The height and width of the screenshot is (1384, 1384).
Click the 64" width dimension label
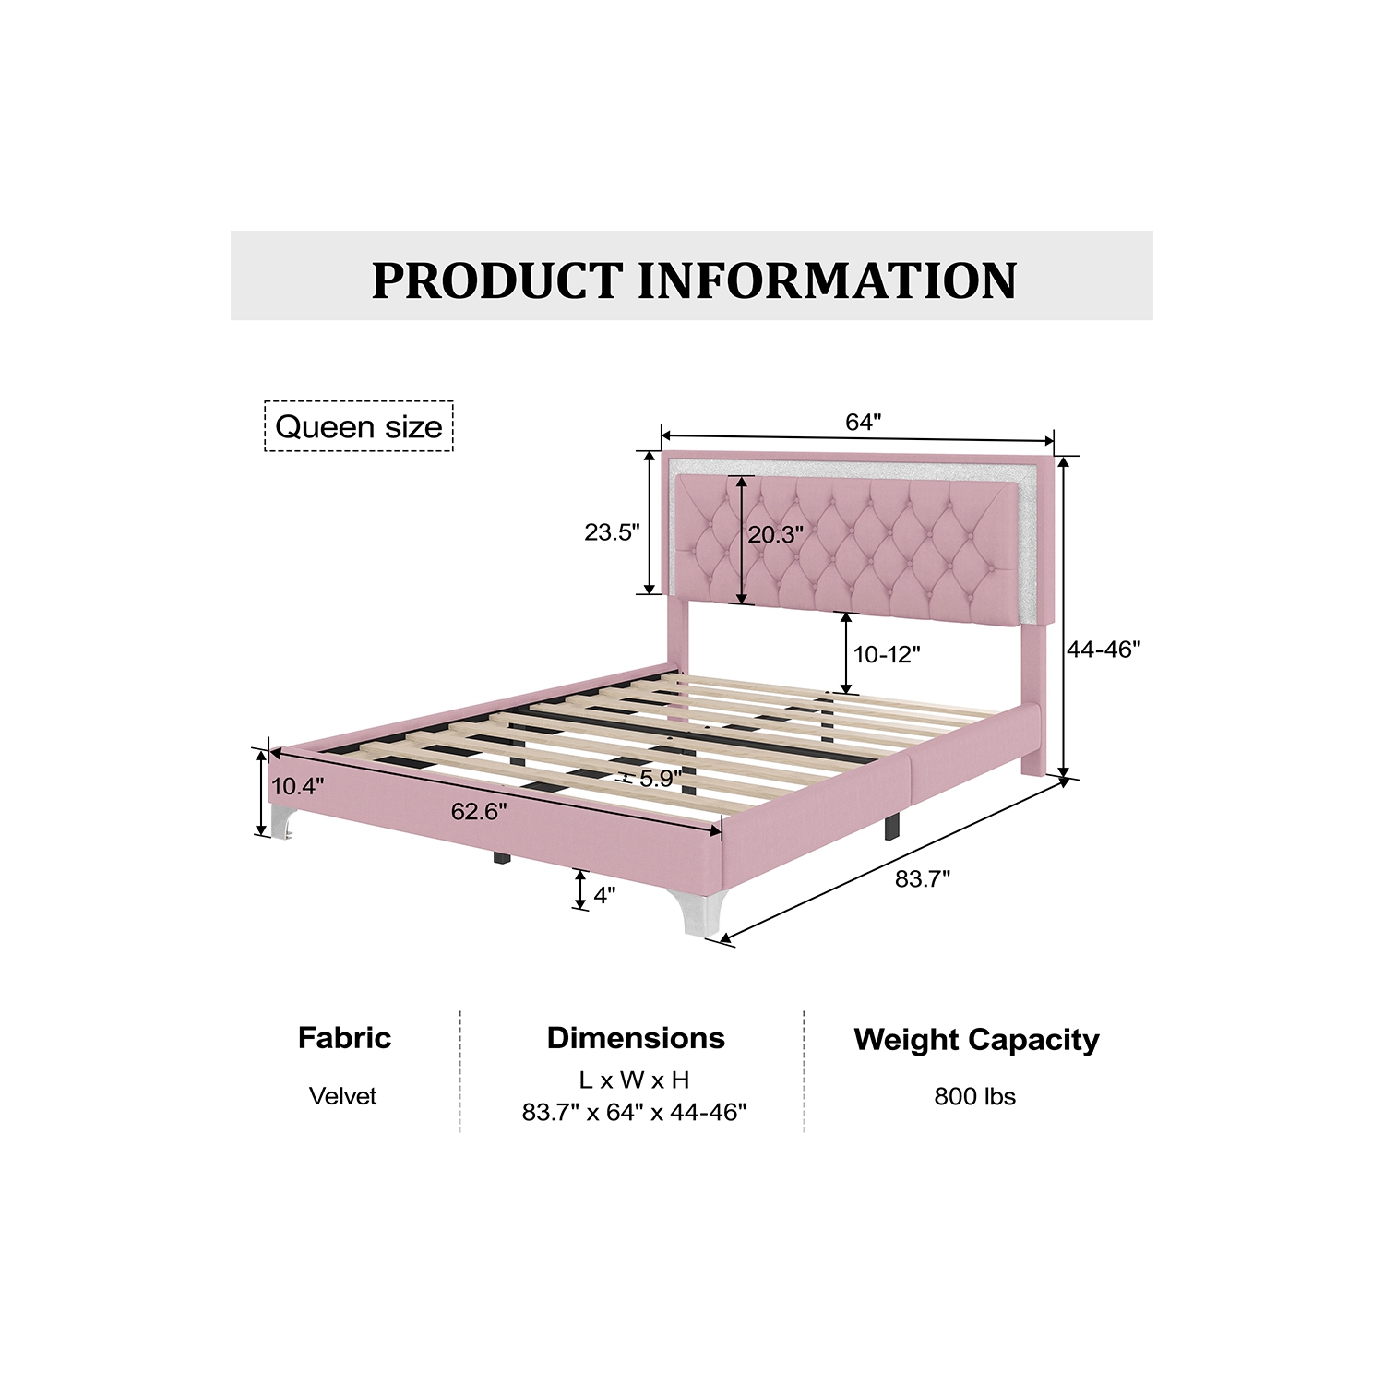(x=864, y=422)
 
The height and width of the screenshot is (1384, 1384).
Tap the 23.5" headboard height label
(x=612, y=532)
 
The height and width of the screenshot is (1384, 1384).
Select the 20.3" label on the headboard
(x=775, y=534)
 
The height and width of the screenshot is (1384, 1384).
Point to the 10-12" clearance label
(x=887, y=654)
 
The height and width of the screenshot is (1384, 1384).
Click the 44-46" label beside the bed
(x=1104, y=650)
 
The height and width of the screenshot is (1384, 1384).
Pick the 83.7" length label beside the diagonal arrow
(x=923, y=878)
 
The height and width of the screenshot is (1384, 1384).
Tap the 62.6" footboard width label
(x=479, y=811)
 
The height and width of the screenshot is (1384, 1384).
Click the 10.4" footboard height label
(x=297, y=786)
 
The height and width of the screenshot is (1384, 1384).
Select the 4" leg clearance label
(x=604, y=895)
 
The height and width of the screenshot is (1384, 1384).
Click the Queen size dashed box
(x=359, y=426)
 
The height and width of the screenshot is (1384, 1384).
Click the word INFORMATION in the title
(x=828, y=280)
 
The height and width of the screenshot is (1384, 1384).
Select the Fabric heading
(x=344, y=1038)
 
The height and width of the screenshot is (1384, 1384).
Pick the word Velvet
(x=343, y=1096)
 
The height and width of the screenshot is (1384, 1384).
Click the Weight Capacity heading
(x=976, y=1040)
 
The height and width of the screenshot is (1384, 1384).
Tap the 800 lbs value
(x=974, y=1096)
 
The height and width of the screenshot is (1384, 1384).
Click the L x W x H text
(x=635, y=1080)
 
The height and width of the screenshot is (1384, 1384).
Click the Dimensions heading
(x=636, y=1038)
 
